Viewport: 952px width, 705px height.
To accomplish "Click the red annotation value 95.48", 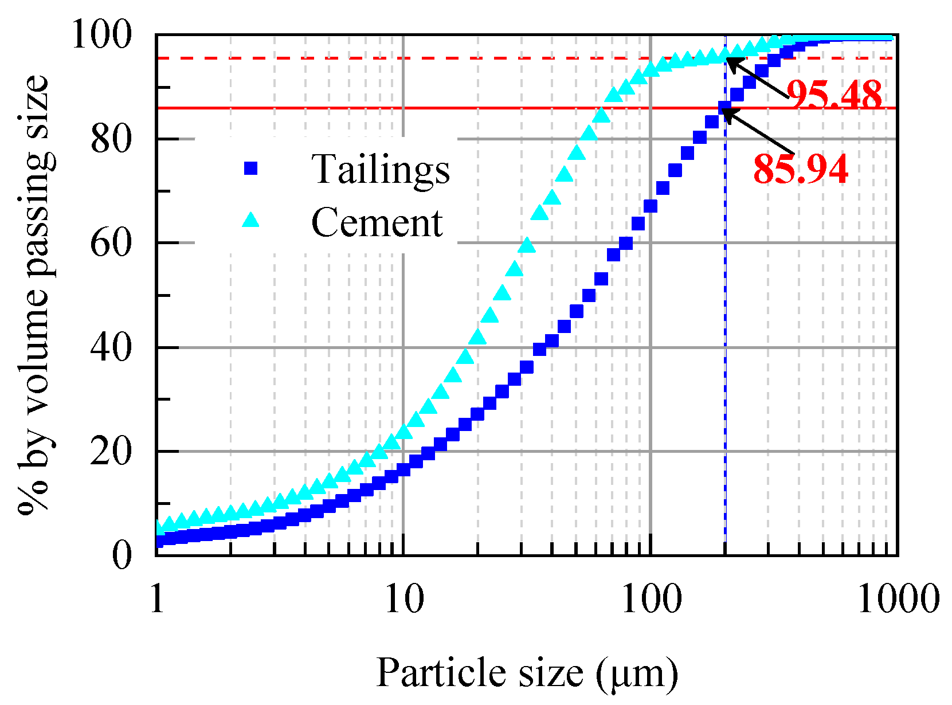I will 834,95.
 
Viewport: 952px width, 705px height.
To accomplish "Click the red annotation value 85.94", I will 800,170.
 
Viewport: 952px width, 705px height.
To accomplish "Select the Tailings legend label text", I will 381,170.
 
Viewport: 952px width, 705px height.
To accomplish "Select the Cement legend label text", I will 377,222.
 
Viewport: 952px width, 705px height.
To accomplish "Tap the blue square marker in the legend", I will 250,168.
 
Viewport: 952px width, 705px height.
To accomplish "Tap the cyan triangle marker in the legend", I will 250,220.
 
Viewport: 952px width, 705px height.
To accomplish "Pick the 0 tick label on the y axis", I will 122,555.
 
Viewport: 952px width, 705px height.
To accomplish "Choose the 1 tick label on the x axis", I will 156,599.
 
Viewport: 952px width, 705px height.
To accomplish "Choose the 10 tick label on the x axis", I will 403,599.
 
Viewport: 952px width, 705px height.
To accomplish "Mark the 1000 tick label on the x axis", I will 898,599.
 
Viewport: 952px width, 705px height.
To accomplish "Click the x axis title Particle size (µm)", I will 527,672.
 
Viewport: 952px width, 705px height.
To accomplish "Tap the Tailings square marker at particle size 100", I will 651,206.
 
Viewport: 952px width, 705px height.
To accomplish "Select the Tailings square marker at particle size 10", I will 403,469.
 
